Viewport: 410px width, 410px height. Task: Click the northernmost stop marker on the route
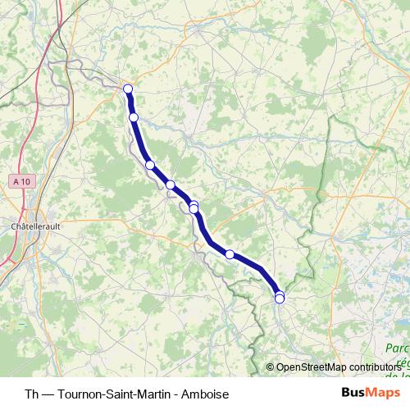point(127,89)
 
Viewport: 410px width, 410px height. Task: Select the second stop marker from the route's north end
point(134,118)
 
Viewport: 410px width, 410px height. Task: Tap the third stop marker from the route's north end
point(150,165)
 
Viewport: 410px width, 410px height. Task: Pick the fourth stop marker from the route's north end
point(171,185)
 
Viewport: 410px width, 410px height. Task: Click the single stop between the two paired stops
point(230,254)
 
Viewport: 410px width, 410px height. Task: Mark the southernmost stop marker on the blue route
point(280,298)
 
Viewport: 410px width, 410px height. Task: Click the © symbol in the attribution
point(270,367)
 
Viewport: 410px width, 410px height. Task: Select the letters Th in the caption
point(31,394)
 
